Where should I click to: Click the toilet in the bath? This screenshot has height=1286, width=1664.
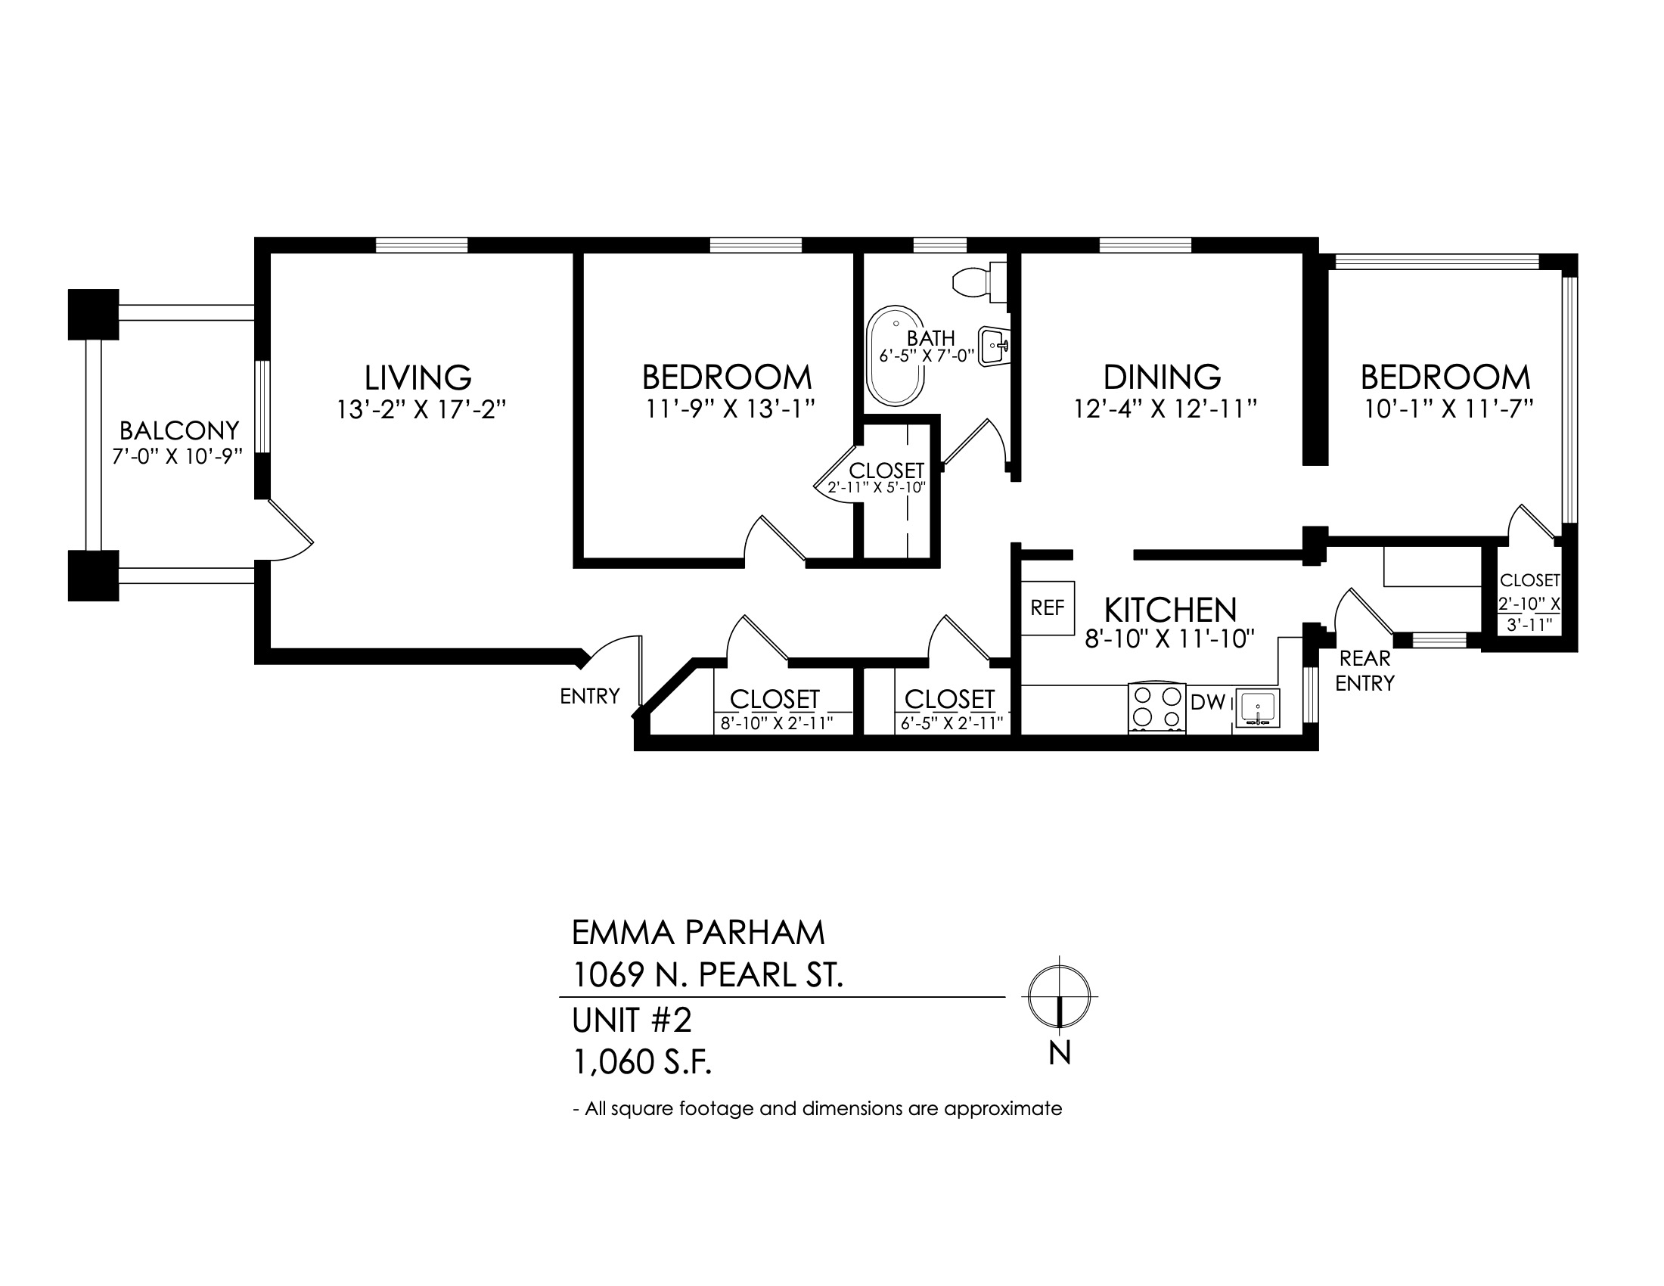[979, 282]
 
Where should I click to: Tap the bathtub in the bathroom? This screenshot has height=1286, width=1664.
[896, 356]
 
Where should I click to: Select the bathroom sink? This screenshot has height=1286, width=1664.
[994, 347]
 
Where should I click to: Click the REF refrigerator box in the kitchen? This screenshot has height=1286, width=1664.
[1048, 608]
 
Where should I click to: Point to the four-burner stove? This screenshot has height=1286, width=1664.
[1156, 709]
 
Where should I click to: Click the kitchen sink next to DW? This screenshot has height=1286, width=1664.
[1257, 709]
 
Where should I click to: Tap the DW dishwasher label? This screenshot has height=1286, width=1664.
[1208, 704]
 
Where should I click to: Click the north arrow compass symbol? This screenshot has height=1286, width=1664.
[1059, 996]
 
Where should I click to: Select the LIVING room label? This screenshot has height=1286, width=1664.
[418, 378]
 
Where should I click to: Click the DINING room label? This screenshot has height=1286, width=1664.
[1162, 378]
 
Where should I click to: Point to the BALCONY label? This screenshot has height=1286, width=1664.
[179, 431]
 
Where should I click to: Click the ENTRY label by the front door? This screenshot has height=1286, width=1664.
[590, 696]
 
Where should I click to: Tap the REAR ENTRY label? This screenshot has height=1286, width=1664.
[1364, 670]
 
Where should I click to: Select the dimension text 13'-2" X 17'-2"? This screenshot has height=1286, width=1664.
[421, 410]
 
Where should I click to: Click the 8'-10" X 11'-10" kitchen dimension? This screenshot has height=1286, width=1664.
[1169, 638]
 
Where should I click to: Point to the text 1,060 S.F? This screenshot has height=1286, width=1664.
[642, 1062]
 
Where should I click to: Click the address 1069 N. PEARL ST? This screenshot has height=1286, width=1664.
[708, 975]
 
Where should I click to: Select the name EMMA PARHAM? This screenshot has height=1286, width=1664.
[698, 932]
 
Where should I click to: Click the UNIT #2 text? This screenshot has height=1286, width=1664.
[632, 1020]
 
